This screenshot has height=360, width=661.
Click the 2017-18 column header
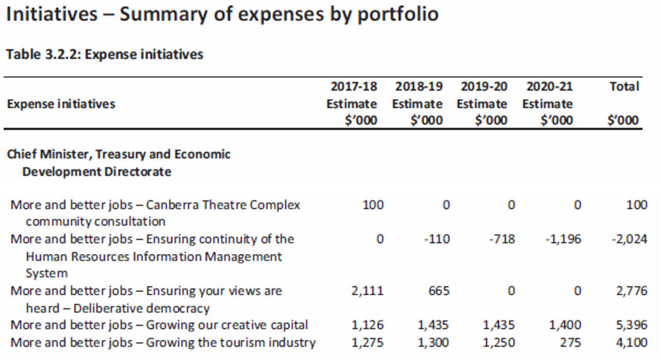pyautogui.click(x=353, y=86)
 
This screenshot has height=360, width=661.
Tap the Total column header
pyautogui.click(x=624, y=86)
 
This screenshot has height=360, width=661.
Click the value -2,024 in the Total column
pyautogui.click(x=629, y=239)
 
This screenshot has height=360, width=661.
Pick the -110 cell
pyautogui.click(x=436, y=239)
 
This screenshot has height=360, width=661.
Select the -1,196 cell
pyautogui.click(x=562, y=239)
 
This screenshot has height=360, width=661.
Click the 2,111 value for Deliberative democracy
pyautogui.click(x=368, y=291)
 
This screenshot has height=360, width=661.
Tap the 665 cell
pyautogui.click(x=439, y=291)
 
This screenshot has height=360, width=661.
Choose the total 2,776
pyautogui.click(x=631, y=291)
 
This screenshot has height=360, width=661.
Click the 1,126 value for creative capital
pyautogui.click(x=368, y=325)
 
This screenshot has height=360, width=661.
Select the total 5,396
pyautogui.click(x=631, y=325)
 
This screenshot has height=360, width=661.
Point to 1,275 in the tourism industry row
pyautogui.click(x=368, y=342)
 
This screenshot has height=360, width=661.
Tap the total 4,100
pyautogui.click(x=631, y=342)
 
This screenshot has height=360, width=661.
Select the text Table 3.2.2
pyautogui.click(x=43, y=54)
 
